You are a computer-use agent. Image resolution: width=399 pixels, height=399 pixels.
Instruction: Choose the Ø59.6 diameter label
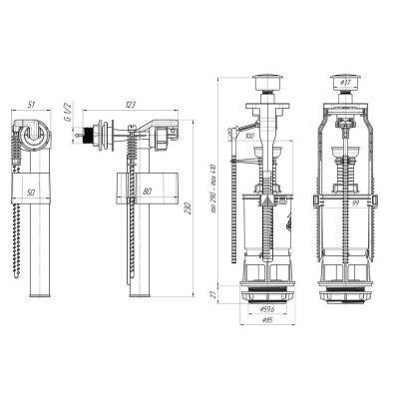click(266, 321)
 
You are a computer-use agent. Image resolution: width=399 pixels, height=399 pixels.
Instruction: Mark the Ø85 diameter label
click(266, 333)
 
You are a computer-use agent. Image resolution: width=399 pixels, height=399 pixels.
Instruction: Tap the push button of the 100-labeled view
click(268, 76)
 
